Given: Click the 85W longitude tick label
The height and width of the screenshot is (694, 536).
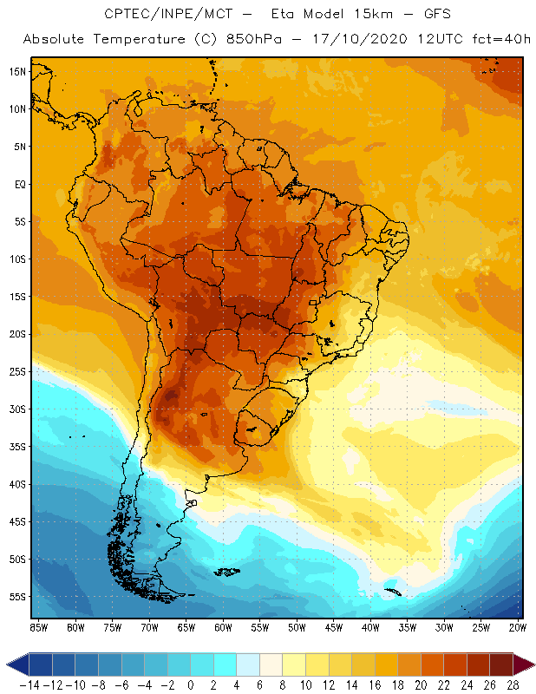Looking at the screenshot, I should point(38,627).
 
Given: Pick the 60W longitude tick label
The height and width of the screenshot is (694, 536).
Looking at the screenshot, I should point(223,627).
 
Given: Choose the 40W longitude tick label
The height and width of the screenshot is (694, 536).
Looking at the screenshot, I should point(371,627).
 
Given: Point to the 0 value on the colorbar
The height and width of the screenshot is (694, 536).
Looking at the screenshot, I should point(191,684).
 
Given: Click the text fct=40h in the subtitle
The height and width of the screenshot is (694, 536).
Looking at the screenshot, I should point(494,39).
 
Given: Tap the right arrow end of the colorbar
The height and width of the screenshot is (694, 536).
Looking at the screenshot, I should point(524,665).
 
